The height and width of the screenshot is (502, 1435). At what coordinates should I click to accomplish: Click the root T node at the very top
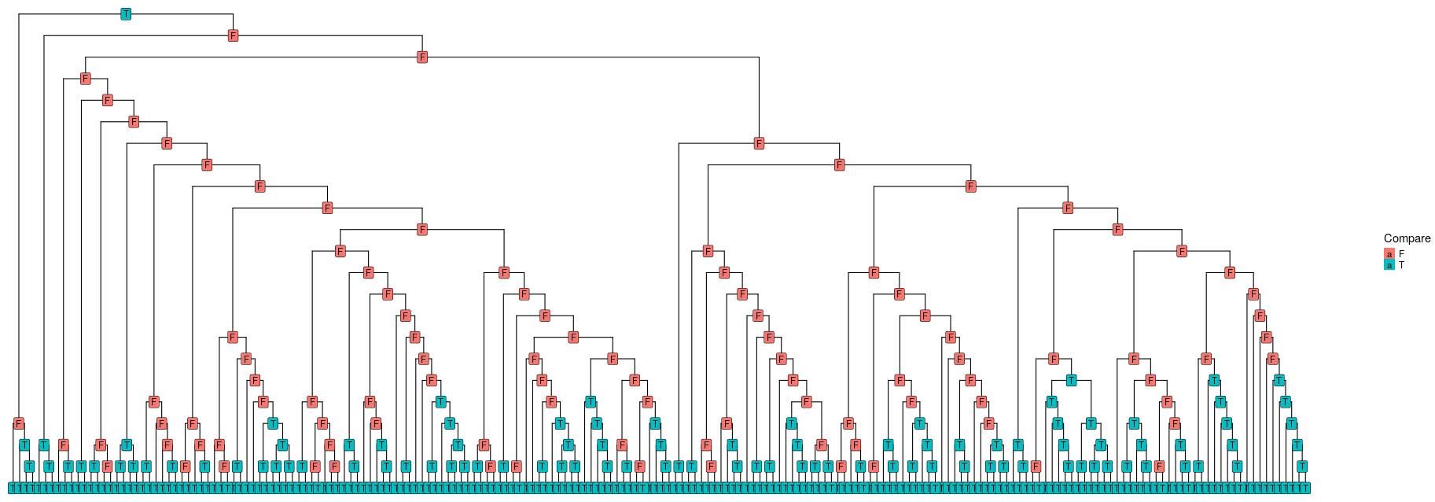pyautogui.click(x=126, y=14)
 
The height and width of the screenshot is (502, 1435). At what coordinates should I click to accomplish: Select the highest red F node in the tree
pyautogui.click(x=234, y=35)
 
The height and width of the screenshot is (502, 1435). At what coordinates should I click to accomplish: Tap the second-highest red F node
pyautogui.click(x=422, y=57)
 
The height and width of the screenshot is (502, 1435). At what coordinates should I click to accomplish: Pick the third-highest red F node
pyautogui.click(x=86, y=79)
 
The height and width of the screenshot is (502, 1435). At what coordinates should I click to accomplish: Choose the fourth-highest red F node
pyautogui.click(x=108, y=100)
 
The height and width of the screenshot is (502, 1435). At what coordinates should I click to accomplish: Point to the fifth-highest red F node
pyautogui.click(x=134, y=121)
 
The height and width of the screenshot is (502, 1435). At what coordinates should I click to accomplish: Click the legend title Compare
pyautogui.click(x=1407, y=238)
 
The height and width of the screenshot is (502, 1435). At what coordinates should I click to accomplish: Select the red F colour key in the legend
pyautogui.click(x=1389, y=254)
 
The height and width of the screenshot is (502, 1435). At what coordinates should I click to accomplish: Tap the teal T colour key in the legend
pyautogui.click(x=1389, y=265)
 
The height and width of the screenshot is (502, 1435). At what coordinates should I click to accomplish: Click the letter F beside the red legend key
pyautogui.click(x=1401, y=254)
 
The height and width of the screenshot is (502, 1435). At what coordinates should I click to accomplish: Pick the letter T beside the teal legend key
pyautogui.click(x=1401, y=265)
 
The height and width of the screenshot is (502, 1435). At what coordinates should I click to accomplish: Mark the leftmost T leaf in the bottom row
pyautogui.click(x=11, y=489)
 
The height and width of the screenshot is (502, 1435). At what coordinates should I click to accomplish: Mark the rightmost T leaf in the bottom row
pyautogui.click(x=1306, y=489)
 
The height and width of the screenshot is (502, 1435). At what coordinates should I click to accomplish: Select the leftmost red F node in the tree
pyautogui.click(x=18, y=423)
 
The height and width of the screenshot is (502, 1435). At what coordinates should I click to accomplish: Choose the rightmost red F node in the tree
pyautogui.click(x=1272, y=359)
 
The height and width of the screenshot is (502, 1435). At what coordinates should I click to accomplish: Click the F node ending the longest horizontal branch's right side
pyautogui.click(x=759, y=143)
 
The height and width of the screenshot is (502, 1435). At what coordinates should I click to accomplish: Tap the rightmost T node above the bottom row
pyautogui.click(x=1302, y=467)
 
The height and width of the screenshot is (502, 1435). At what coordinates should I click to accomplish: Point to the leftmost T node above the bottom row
pyautogui.click(x=24, y=445)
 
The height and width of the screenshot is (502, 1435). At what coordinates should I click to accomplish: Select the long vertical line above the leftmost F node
pyautogui.click(x=18, y=220)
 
